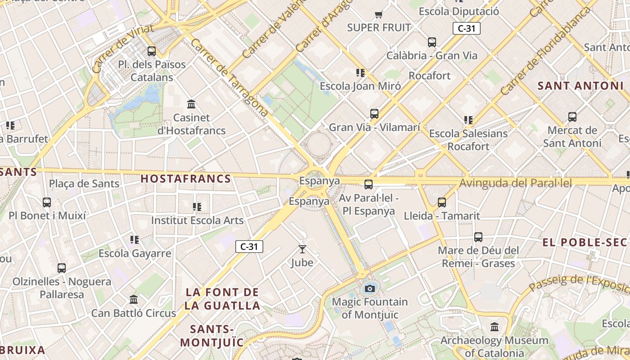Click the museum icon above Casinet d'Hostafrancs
coord(191,104)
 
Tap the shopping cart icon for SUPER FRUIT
coord(379,15)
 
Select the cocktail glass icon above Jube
coord(302,249)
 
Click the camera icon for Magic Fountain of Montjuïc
coord(370,288)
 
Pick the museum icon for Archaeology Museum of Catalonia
coord(495,327)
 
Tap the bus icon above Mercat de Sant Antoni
coord(572,117)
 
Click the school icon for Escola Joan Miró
coord(360,73)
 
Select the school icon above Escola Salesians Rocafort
coord(468,120)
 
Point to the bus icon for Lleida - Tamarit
coord(442,202)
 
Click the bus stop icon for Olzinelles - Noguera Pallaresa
coord(62,268)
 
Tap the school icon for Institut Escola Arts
coord(197,207)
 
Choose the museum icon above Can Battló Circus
coord(134,299)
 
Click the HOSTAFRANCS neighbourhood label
coord(186,179)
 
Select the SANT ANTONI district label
coord(578,85)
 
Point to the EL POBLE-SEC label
coord(584,243)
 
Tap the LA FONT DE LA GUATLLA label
coord(222,299)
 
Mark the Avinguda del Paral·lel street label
coord(515,183)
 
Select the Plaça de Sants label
coord(84,184)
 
